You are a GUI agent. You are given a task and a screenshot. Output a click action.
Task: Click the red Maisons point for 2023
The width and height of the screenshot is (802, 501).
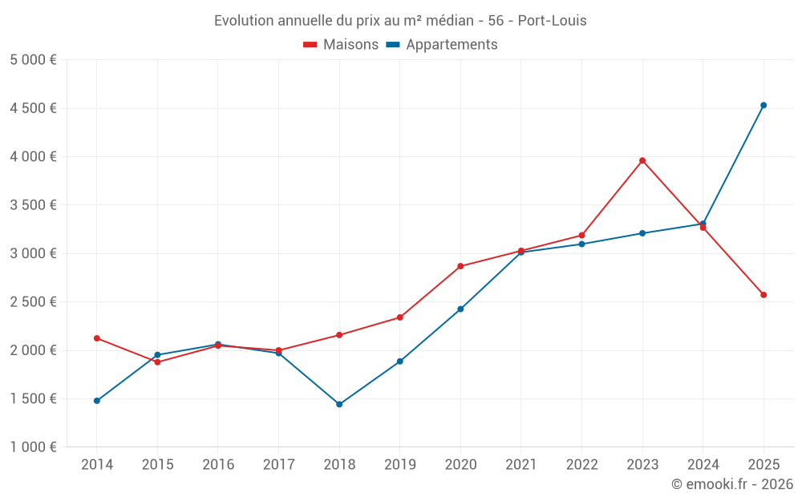(x=642, y=160)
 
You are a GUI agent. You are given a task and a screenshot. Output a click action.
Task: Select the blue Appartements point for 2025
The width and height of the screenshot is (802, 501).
(x=764, y=105)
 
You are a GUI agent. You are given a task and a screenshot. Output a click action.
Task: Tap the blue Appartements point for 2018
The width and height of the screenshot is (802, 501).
(x=339, y=404)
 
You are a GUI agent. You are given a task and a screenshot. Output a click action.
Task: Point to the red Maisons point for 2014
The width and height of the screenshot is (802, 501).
(x=97, y=338)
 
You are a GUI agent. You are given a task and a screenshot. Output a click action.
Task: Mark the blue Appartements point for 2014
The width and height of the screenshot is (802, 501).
(x=97, y=401)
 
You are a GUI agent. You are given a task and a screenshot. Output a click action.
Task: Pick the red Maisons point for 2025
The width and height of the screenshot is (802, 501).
(x=764, y=295)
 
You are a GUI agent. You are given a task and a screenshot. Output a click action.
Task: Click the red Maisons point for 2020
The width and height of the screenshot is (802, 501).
(x=460, y=266)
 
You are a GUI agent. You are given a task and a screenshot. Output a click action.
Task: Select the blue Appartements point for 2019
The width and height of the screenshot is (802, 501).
(x=400, y=362)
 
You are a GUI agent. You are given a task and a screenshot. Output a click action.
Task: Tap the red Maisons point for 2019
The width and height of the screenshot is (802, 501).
(x=400, y=317)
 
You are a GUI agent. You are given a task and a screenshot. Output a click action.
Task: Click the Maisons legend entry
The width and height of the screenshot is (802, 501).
(x=341, y=45)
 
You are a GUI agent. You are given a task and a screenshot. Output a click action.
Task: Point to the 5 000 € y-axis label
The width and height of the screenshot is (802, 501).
(x=33, y=60)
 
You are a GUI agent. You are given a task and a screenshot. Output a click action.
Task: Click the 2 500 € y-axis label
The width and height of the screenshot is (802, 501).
(x=33, y=302)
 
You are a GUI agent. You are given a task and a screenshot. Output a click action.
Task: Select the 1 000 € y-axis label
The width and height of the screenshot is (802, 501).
(x=33, y=447)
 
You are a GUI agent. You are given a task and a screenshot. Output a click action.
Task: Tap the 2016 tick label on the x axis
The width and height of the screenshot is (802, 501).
(x=218, y=464)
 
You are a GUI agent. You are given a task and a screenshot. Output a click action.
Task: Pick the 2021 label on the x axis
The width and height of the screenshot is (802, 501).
(x=521, y=464)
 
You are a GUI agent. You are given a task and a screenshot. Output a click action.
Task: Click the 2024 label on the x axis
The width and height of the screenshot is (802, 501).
(x=703, y=464)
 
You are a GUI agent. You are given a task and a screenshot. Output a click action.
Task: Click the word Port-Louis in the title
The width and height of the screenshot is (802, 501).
(x=553, y=21)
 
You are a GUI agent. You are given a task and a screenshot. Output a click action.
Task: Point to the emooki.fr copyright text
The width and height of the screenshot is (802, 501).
(x=731, y=484)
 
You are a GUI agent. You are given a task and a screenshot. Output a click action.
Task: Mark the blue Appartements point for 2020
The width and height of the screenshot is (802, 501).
(x=460, y=309)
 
